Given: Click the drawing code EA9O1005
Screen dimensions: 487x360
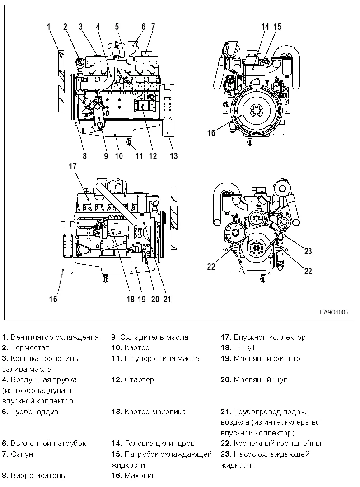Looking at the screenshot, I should (334, 312).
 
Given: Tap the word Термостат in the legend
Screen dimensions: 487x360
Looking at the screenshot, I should (30, 348).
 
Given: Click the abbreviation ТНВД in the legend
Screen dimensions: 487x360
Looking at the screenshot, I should (244, 348).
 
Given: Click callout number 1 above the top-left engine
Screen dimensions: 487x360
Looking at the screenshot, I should (48, 27).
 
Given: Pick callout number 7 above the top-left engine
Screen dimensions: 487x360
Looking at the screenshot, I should (153, 27).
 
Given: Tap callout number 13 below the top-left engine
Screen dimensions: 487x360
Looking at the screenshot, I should (173, 156).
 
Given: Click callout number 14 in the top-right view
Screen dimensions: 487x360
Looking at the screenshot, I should (265, 27).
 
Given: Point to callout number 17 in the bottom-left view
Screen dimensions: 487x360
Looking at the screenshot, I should (73, 166).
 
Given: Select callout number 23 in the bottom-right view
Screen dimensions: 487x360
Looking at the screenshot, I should (308, 251).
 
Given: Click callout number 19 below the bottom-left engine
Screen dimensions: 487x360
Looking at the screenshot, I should (142, 299).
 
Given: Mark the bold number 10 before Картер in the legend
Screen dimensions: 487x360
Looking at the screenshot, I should (117, 348).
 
